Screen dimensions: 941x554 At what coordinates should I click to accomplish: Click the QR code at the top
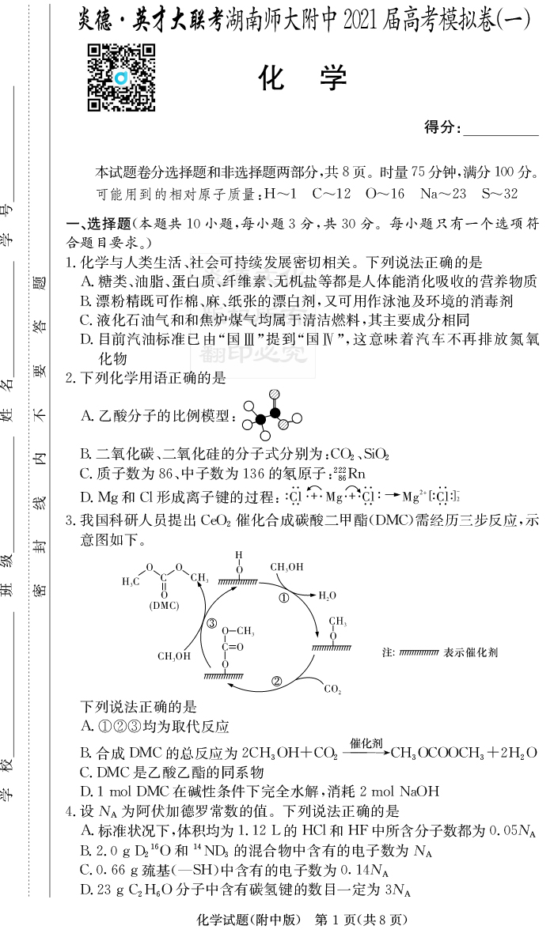(121, 77)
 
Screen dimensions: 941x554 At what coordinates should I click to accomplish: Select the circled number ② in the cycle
(277, 681)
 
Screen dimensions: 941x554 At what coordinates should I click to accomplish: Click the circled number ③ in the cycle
(211, 624)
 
